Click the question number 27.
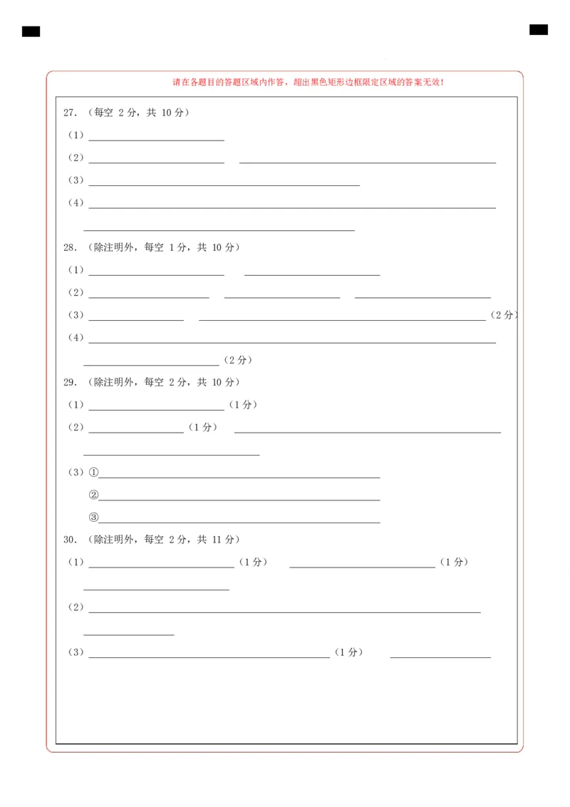[x=70, y=113]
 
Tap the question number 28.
[x=70, y=247]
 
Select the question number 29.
[x=70, y=382]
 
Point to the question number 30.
[x=70, y=540]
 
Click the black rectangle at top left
[x=31, y=31]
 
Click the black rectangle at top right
[x=539, y=29]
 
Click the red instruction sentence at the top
[x=309, y=83]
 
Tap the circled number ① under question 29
[x=93, y=472]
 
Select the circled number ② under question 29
[x=93, y=495]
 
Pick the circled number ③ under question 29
[x=93, y=518]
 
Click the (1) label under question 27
[x=76, y=135]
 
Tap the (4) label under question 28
[x=76, y=337]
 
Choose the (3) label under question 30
[x=76, y=652]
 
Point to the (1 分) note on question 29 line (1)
[x=243, y=405]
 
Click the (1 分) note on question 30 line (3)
[x=348, y=652]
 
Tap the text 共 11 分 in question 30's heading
[x=216, y=540]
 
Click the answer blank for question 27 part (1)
[x=156, y=137]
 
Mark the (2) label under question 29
[x=76, y=428]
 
